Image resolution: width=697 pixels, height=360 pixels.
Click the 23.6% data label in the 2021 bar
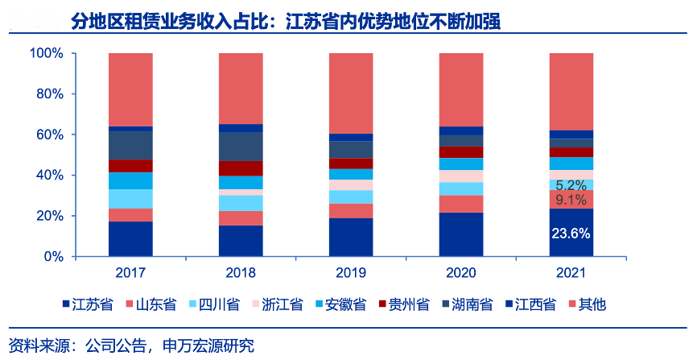[x=571, y=234]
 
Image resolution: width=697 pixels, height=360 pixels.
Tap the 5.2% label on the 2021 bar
[x=571, y=184]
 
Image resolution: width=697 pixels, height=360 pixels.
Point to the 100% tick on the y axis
[x=47, y=54]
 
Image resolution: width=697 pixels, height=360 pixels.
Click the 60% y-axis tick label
[x=50, y=135]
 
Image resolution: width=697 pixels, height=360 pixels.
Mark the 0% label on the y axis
[x=53, y=257]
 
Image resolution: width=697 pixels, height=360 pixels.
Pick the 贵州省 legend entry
[x=409, y=304]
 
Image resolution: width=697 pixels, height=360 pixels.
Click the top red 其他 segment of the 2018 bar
[x=241, y=89]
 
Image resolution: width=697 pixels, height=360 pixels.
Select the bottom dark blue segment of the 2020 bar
[x=460, y=234]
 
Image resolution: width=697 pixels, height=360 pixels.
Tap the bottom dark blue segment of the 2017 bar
[x=130, y=239]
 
